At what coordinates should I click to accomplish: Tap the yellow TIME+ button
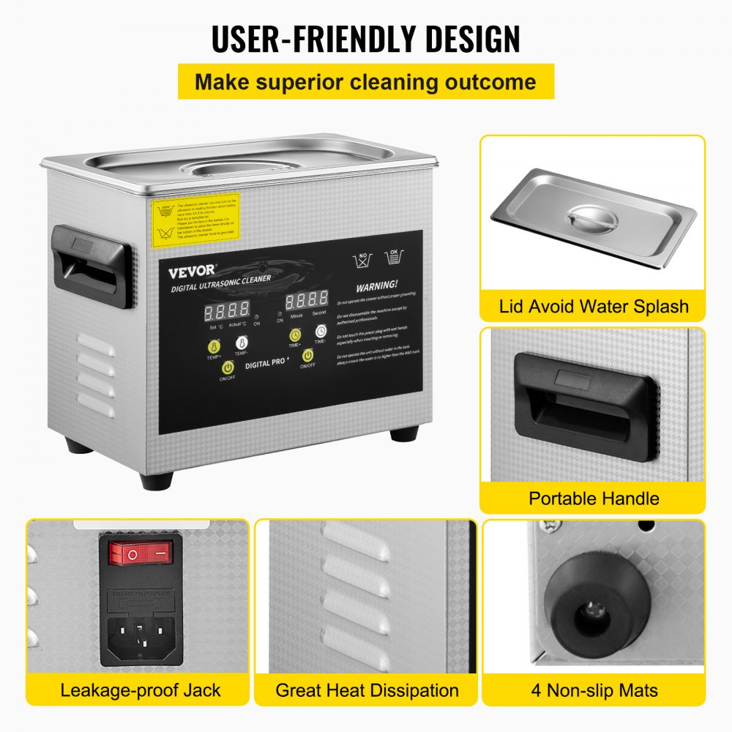(x=295, y=336)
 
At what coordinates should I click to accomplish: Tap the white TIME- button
(x=321, y=332)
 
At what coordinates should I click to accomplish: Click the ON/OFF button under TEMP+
(x=228, y=367)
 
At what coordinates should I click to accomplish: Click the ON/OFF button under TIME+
(x=308, y=356)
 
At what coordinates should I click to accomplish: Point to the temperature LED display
(x=206, y=311)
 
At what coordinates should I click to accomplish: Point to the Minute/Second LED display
(x=307, y=301)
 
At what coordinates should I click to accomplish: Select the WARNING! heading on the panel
(x=377, y=284)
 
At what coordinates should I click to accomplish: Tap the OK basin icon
(x=395, y=257)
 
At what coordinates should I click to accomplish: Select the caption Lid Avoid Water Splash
(x=594, y=305)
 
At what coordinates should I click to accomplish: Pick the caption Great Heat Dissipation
(x=367, y=690)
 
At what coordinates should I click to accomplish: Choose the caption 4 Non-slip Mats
(x=594, y=690)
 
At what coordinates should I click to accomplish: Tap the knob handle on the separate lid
(x=590, y=219)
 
